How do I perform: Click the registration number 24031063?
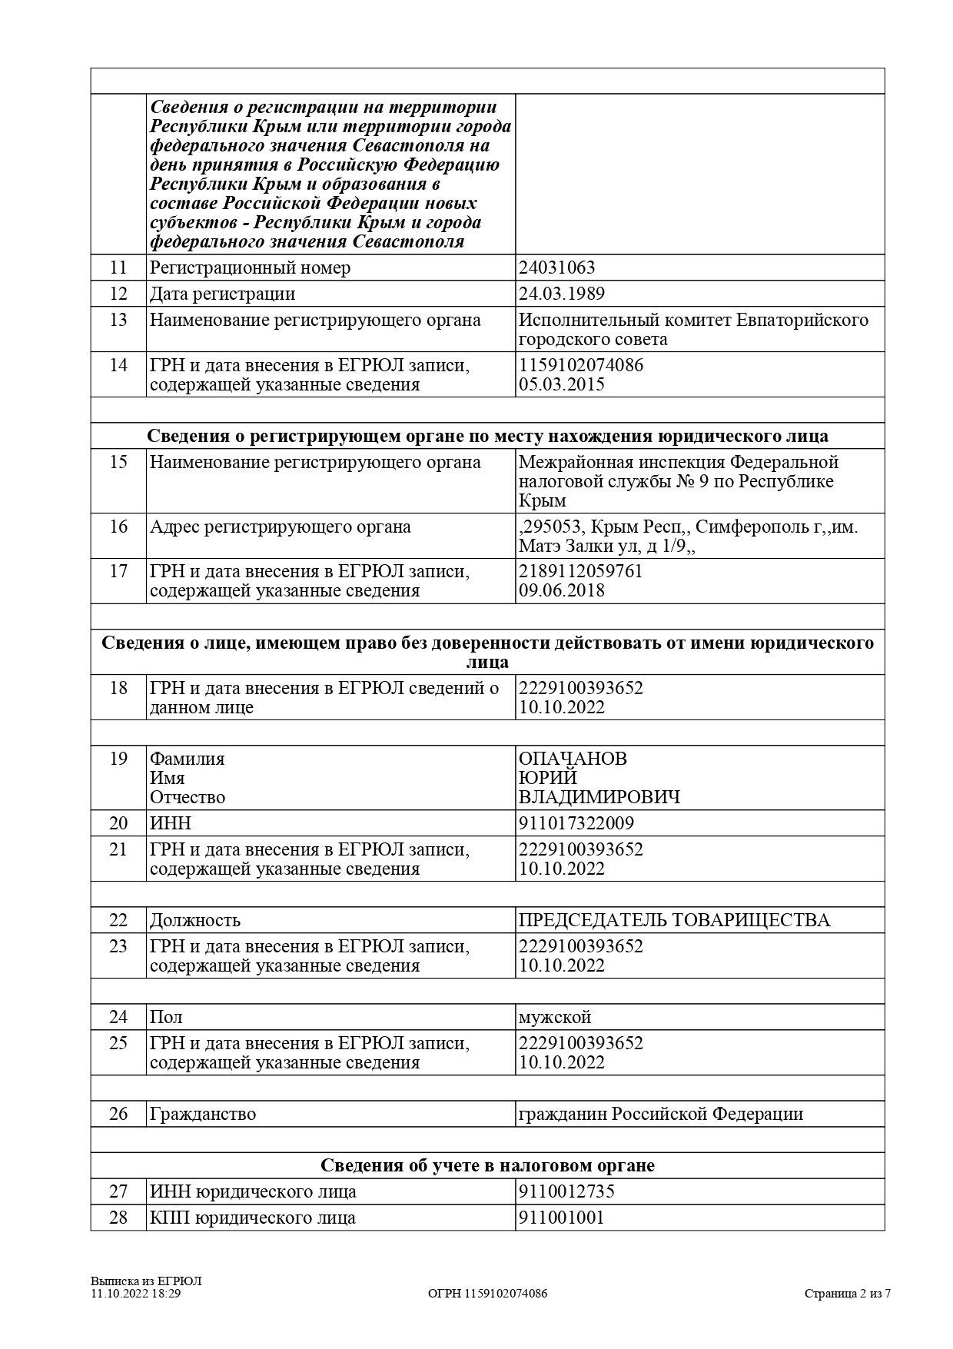[556, 267]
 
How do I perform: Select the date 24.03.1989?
[561, 294]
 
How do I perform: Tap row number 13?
[118, 320]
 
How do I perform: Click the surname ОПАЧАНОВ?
[573, 759]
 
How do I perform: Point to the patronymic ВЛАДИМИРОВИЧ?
[599, 797]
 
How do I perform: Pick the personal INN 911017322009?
[576, 823]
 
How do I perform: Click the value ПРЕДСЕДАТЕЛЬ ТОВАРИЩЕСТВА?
[674, 920]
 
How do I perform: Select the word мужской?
[555, 1017]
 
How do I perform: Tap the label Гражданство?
[203, 1114]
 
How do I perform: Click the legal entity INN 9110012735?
[566, 1192]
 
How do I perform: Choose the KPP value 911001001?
[562, 1218]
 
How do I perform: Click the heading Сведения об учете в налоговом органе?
[487, 1165]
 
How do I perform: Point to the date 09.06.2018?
[562, 590]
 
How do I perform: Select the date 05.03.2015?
[562, 384]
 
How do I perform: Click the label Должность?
[195, 920]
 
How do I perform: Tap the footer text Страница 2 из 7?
[848, 1294]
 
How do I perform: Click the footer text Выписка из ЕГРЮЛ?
[146, 1281]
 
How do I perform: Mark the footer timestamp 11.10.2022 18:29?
[136, 1294]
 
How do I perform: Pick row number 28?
[118, 1218]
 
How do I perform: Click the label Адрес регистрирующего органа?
[281, 527]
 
